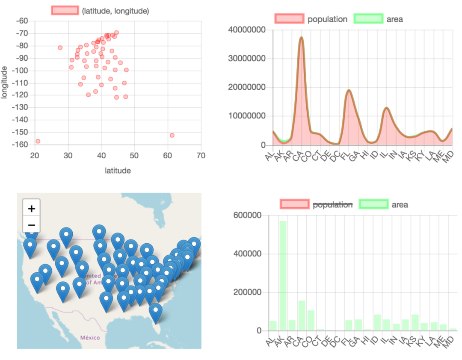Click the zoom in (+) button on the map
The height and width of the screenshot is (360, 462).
31,209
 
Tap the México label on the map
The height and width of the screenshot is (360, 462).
90,338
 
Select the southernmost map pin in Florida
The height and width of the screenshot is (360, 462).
156,311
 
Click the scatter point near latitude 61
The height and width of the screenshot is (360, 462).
172,136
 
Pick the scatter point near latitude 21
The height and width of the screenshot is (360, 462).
38,141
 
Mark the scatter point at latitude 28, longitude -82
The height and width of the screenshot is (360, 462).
60,47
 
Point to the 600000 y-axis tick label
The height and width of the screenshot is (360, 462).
247,215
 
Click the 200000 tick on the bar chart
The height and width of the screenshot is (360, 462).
247,292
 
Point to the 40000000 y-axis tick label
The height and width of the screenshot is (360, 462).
247,30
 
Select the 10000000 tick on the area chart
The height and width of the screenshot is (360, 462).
247,116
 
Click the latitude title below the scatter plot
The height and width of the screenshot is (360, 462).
118,171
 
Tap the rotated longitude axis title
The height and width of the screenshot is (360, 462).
5,82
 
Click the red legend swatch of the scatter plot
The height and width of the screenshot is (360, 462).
65,11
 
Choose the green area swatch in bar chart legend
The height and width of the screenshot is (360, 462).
373,204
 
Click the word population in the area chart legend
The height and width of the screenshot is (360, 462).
327,19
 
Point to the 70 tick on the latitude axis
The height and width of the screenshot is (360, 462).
201,156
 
